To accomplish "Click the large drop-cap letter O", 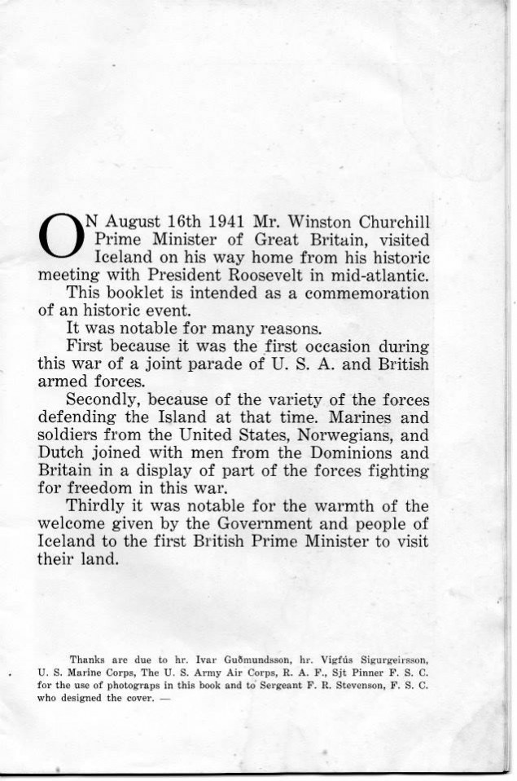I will point(61,234).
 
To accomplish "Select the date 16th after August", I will point(174,221).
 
